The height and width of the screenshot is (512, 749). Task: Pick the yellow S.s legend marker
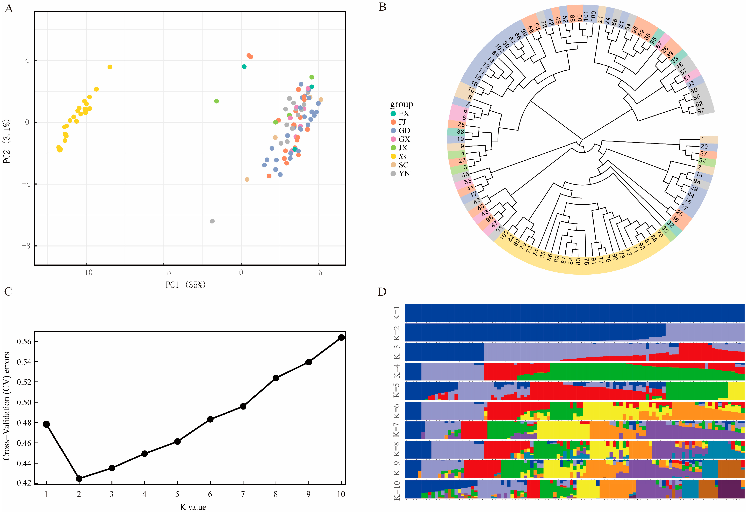393,156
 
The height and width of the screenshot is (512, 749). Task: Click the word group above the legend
401,104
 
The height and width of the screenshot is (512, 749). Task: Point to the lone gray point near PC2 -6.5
212,221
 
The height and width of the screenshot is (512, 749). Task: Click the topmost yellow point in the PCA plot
110,67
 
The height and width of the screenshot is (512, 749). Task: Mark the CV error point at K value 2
79,479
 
